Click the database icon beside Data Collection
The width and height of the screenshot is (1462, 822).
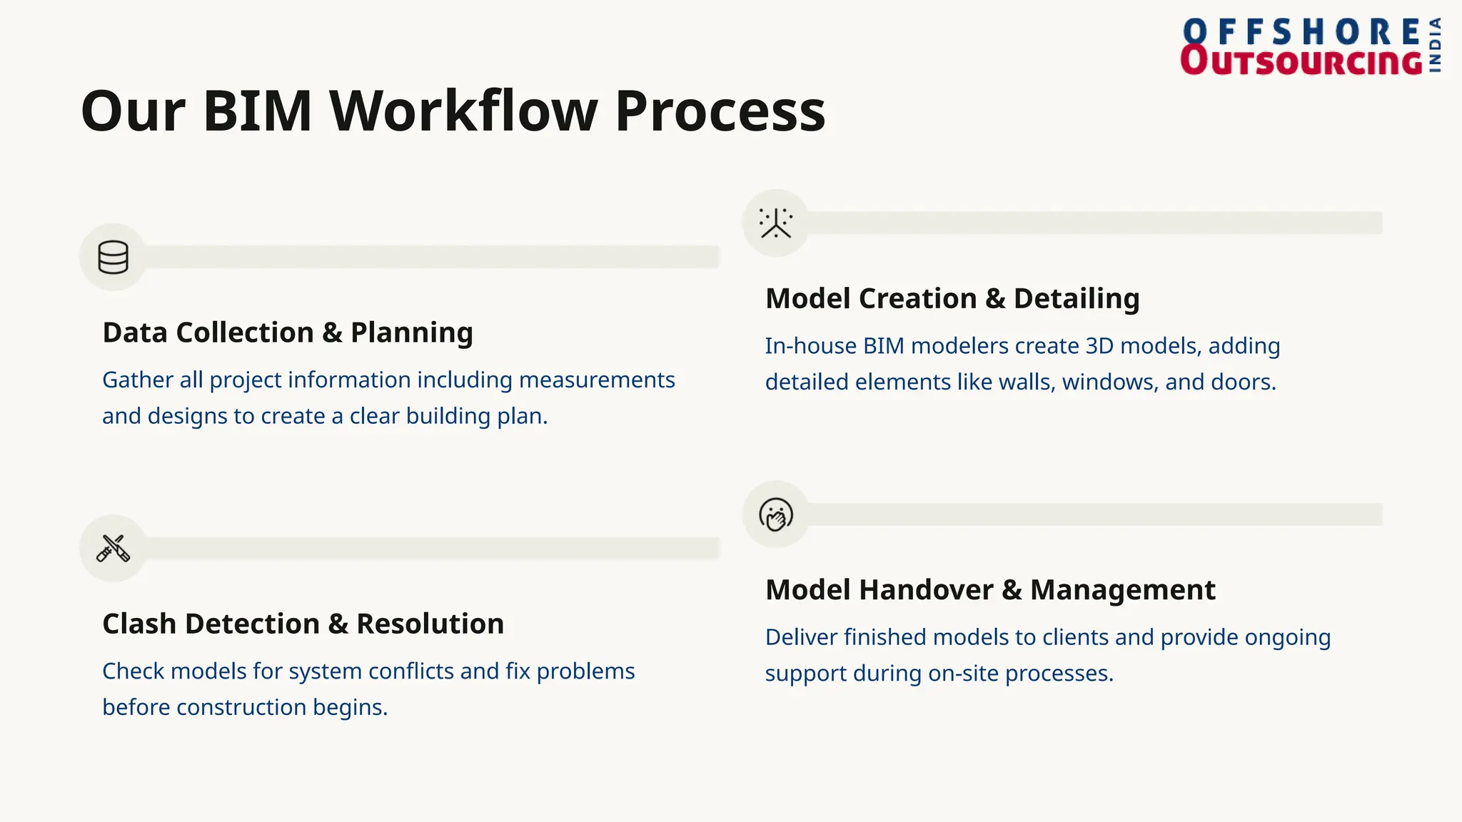[113, 257]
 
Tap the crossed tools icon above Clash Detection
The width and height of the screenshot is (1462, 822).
[113, 548]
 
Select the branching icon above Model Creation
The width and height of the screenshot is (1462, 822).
[776, 223]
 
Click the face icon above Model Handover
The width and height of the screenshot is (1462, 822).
[776, 514]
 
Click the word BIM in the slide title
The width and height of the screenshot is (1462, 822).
[258, 111]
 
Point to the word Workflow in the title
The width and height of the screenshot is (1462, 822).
[463, 111]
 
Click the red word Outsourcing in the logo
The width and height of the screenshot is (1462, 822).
[1301, 61]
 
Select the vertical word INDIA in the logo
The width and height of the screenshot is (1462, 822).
[1435, 46]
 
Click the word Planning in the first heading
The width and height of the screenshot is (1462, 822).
[412, 333]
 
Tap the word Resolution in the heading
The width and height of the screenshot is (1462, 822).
[430, 624]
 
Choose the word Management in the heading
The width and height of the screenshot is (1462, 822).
[1122, 590]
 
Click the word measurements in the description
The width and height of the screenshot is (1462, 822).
[597, 380]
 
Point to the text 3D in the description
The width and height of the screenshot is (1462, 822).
[1099, 346]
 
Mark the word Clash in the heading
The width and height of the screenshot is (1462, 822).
[139, 624]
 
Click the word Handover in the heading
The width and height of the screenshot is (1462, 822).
[926, 590]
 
